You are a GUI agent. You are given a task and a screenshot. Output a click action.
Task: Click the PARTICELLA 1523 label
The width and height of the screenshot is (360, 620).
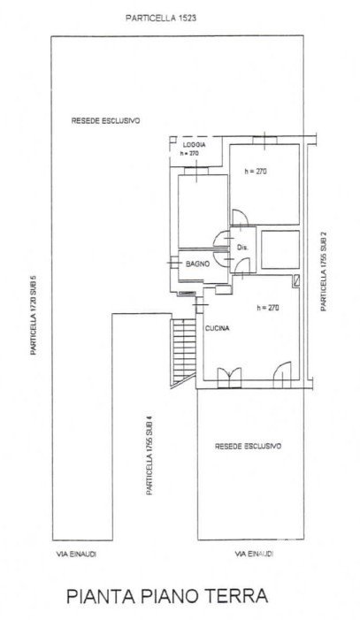pyautogui.click(x=161, y=18)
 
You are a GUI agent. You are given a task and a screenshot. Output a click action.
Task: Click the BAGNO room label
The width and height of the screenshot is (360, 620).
pyautogui.click(x=197, y=264)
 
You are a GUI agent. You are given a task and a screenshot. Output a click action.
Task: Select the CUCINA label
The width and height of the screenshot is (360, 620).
pyautogui.click(x=218, y=328)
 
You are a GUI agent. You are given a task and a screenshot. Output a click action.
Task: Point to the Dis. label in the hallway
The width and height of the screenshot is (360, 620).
pyautogui.click(x=242, y=248)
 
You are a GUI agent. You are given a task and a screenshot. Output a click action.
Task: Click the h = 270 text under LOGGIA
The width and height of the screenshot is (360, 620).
pyautogui.click(x=188, y=153)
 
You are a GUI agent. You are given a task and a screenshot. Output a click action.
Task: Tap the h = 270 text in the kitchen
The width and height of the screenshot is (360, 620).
pyautogui.click(x=268, y=307)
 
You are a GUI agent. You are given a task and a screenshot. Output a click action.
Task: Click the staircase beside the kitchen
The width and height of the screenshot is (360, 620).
pyautogui.click(x=184, y=351)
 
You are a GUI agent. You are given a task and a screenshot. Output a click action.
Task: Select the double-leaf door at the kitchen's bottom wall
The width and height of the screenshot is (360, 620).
pyautogui.click(x=229, y=378)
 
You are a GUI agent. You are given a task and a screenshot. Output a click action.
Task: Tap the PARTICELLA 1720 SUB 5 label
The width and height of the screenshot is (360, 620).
pyautogui.click(x=34, y=314)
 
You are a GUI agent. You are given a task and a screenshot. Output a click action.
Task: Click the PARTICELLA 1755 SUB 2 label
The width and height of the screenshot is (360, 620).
pyautogui.click(x=324, y=271)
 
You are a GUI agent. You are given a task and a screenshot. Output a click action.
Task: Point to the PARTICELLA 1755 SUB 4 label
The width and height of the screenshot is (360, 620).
pyautogui.click(x=149, y=455)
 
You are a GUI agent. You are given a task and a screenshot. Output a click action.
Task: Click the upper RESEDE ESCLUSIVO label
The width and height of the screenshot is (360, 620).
pyautogui.click(x=105, y=121)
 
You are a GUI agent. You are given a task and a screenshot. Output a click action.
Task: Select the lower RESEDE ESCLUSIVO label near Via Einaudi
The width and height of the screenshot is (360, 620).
pyautogui.click(x=248, y=446)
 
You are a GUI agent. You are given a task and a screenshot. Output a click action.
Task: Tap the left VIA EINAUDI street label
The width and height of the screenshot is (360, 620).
pyautogui.click(x=76, y=554)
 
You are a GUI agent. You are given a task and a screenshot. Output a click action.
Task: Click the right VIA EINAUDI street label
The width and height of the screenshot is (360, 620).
pyautogui.click(x=254, y=554)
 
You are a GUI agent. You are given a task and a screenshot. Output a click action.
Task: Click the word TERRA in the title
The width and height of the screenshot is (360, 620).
pyautogui.click(x=239, y=595)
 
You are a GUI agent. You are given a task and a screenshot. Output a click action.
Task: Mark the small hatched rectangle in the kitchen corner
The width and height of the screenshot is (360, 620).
pyautogui.click(x=296, y=280)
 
